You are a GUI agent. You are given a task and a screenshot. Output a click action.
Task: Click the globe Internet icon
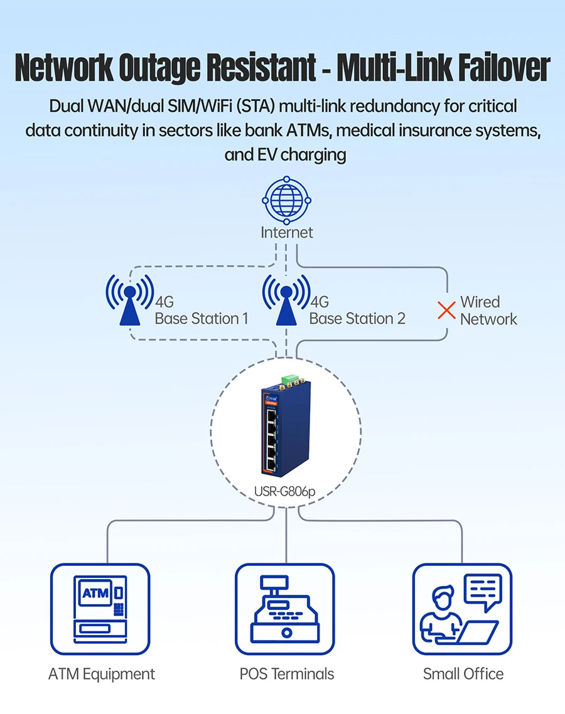coord(286,200)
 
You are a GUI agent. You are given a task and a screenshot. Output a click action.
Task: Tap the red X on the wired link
coord(446,310)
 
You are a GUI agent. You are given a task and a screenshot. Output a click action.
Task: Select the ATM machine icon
coord(100,609)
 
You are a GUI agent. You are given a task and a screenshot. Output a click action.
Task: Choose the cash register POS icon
coord(286,609)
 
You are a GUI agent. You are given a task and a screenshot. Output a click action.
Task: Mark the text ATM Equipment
coord(102,674)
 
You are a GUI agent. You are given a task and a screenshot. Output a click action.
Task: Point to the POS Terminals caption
coord(287,674)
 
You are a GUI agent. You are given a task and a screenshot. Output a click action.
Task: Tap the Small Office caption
coord(463,674)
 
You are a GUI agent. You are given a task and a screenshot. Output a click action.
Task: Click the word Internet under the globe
coord(287,232)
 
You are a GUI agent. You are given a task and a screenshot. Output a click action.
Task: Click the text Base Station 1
coord(202,319)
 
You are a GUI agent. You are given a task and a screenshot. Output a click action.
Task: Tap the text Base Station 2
coord(357,319)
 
